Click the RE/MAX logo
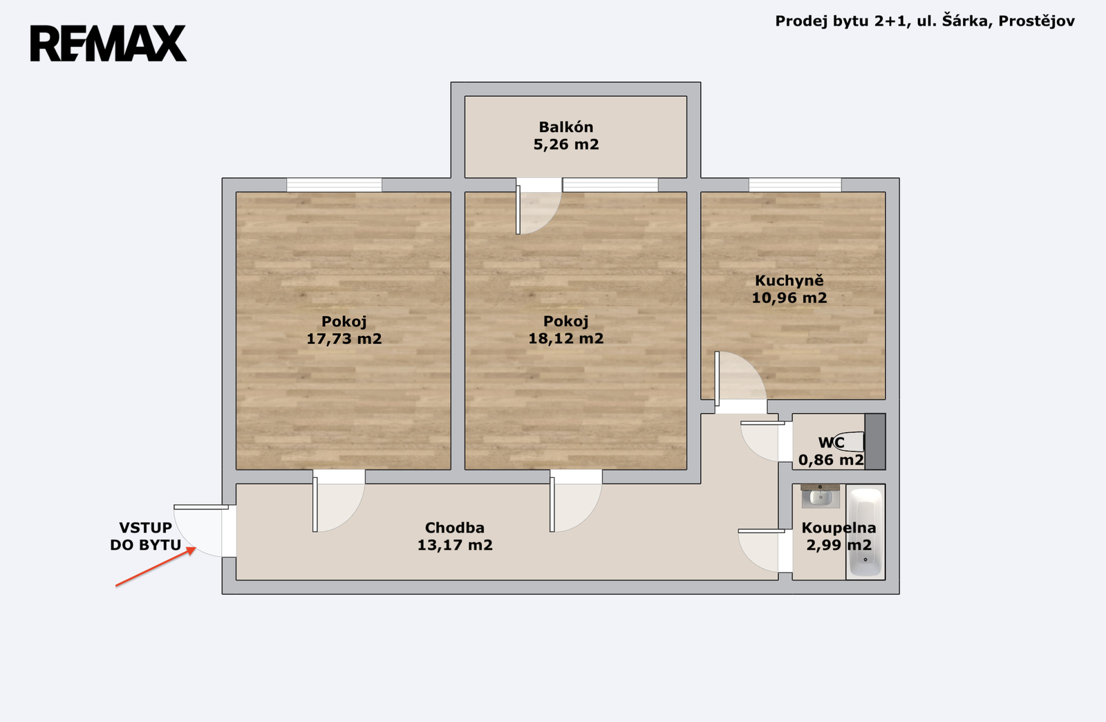[x=108, y=44]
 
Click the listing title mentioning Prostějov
[x=924, y=21]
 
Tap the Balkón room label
[x=566, y=127]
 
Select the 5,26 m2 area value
[x=566, y=145]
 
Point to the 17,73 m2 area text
[x=344, y=339]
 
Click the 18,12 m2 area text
[x=566, y=338]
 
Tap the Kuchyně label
[x=789, y=281]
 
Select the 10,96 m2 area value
[x=789, y=298]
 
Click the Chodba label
[x=455, y=528]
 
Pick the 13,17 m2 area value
[x=455, y=545]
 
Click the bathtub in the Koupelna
[x=865, y=533]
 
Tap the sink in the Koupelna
[x=820, y=497]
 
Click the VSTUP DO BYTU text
[x=146, y=537]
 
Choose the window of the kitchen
[x=795, y=185]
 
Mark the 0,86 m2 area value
[x=831, y=461]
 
